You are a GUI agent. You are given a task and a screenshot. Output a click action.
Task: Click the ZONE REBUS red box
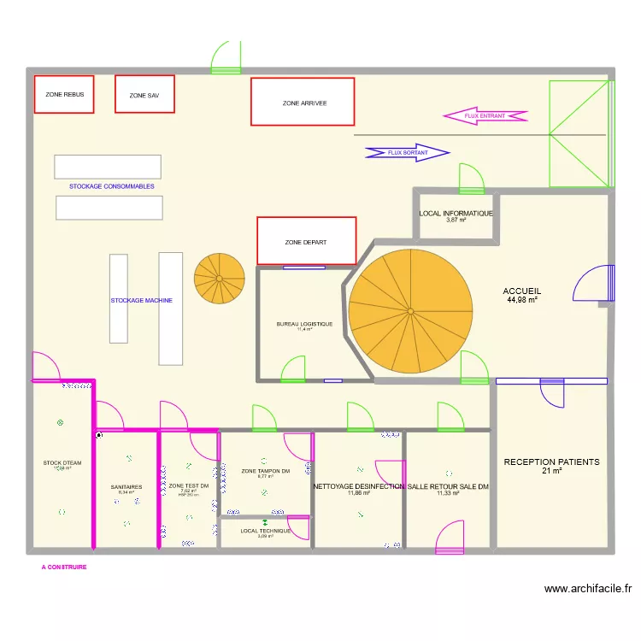click(x=64, y=94)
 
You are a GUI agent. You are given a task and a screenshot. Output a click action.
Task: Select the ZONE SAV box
click(x=144, y=95)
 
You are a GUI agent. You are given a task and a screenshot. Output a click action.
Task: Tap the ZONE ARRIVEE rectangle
click(x=303, y=102)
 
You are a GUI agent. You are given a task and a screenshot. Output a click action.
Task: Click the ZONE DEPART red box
click(x=306, y=241)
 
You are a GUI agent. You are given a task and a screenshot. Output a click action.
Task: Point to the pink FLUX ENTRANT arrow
click(x=485, y=116)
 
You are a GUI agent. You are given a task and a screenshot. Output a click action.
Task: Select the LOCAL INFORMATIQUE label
click(x=456, y=213)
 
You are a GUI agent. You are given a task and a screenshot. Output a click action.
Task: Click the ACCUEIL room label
click(x=521, y=291)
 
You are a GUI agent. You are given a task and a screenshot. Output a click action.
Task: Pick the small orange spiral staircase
click(x=219, y=278)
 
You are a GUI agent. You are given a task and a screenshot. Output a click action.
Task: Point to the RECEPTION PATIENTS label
click(x=551, y=462)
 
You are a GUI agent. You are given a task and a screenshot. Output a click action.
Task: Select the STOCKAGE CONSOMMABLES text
click(x=112, y=185)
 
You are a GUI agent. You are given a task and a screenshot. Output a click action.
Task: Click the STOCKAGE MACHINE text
click(x=142, y=301)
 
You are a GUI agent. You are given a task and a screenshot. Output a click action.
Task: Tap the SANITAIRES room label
click(x=126, y=487)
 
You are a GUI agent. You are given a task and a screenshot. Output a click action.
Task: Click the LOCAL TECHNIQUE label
click(x=265, y=531)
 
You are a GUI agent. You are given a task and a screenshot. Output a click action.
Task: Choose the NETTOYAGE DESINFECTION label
click(x=359, y=486)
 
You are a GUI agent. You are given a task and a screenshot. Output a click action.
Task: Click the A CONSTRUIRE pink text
click(x=63, y=567)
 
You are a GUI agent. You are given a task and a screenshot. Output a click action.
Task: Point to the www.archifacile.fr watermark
click(x=589, y=588)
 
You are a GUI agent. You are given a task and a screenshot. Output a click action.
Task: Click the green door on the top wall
click(x=226, y=57)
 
